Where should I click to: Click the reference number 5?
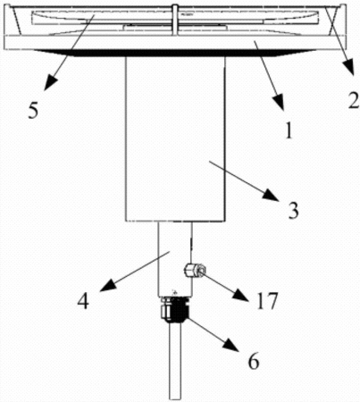[x=34, y=111]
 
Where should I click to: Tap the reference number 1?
[x=288, y=130]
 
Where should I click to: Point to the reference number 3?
[x=293, y=211]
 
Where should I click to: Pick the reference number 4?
[x=83, y=302]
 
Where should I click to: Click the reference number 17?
[x=267, y=301]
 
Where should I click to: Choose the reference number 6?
[x=254, y=362]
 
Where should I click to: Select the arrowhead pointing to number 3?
[x=271, y=197]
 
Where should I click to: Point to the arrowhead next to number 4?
[x=109, y=285]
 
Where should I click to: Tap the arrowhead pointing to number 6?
[x=231, y=346]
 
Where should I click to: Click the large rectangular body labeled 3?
[x=175, y=138]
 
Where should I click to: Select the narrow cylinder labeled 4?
[x=175, y=259]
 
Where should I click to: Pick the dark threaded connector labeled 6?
[x=174, y=309]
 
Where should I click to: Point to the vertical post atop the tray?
[x=175, y=18]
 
